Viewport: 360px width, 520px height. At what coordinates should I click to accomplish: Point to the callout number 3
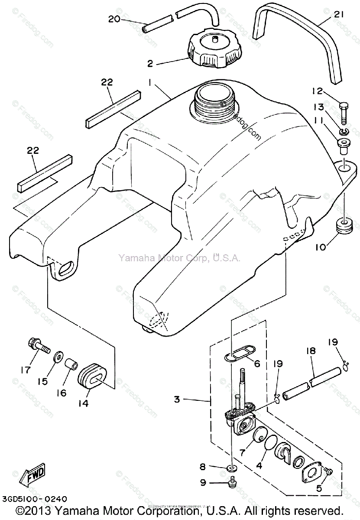(x=177, y=399)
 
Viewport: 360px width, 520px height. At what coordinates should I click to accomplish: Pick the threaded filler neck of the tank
(x=215, y=103)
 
